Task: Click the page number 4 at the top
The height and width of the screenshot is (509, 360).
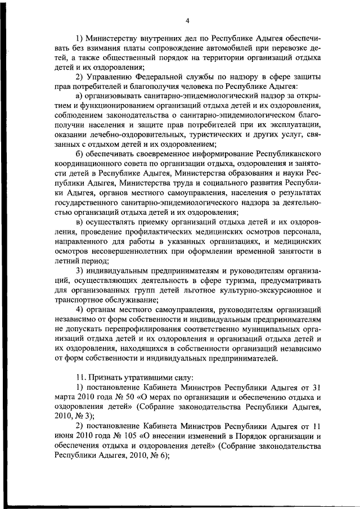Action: point(187,21)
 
